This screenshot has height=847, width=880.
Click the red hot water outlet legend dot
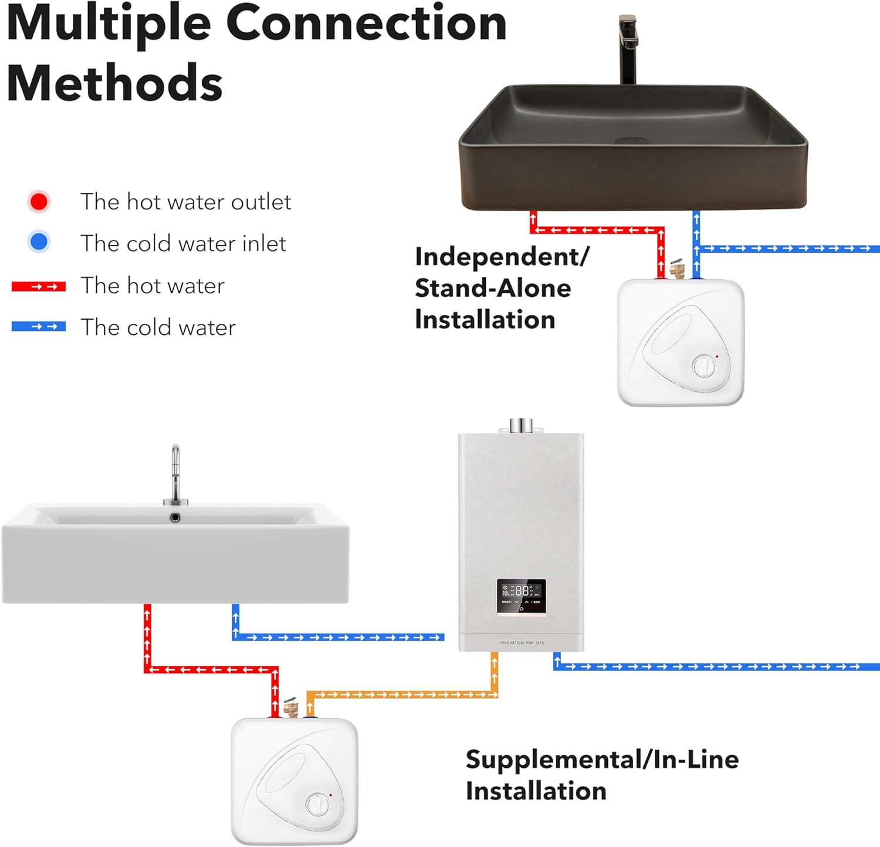pyautogui.click(x=39, y=202)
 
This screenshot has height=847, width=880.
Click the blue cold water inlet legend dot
pyautogui.click(x=39, y=242)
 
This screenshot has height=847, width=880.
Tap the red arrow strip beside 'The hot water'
pyautogui.click(x=39, y=287)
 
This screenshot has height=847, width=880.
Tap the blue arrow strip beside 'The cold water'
pyautogui.click(x=39, y=327)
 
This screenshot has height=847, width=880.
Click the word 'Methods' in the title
pyautogui.click(x=115, y=83)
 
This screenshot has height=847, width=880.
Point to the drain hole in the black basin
pyautogui.click(x=631, y=141)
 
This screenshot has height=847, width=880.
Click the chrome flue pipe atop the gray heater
pyautogui.click(x=521, y=425)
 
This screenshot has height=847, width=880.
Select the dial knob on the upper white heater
pyautogui.click(x=704, y=366)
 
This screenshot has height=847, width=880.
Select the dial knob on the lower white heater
pyautogui.click(x=318, y=804)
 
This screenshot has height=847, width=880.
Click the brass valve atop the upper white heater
pyautogui.click(x=678, y=269)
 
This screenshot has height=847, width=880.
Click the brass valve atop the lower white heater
pyautogui.click(x=291, y=707)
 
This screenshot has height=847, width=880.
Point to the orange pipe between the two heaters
pyautogui.click(x=405, y=694)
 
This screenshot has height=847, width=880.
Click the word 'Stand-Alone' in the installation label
pyautogui.click(x=493, y=288)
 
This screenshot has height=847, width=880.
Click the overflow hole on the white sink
pyautogui.click(x=175, y=517)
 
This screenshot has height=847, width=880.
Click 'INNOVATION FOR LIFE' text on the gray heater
pyautogui.click(x=522, y=643)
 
